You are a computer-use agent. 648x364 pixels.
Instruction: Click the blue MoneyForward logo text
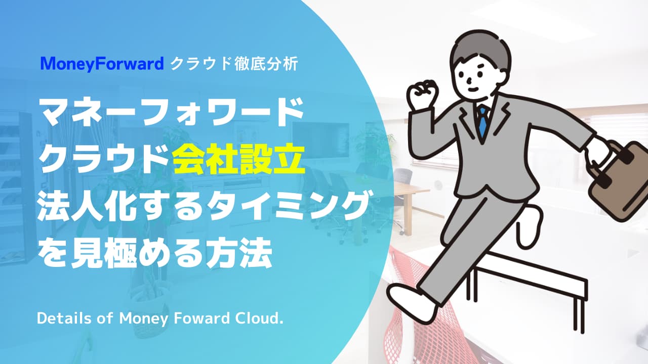102,64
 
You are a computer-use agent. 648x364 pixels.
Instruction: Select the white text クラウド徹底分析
234,64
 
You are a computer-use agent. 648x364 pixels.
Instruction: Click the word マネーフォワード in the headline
171,112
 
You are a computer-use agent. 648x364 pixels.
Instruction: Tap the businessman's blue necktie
482,121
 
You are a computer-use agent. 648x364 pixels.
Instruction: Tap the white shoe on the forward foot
414,303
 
